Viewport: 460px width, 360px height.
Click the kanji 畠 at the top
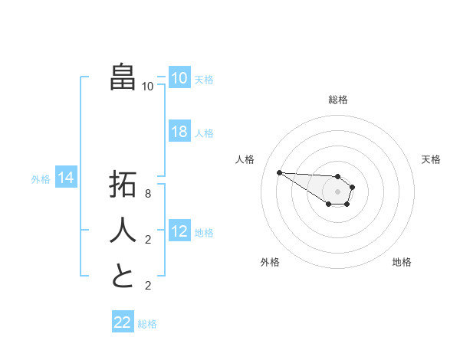(x=123, y=77)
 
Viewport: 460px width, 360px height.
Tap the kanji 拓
(x=123, y=185)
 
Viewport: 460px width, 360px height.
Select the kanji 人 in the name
(x=123, y=231)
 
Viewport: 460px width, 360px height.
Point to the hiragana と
(x=123, y=276)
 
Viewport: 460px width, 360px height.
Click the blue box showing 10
(x=179, y=78)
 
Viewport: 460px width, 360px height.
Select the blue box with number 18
(x=179, y=132)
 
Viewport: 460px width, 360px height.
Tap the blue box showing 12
(x=179, y=231)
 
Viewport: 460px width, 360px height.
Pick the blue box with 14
(x=66, y=178)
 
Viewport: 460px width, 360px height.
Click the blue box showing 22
(x=123, y=322)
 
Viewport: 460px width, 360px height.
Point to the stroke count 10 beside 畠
(x=147, y=87)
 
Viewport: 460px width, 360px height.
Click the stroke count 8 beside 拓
(x=147, y=195)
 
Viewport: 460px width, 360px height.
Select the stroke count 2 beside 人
(x=147, y=240)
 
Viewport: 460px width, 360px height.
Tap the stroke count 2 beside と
(x=147, y=286)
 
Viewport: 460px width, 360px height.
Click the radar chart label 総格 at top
(x=337, y=100)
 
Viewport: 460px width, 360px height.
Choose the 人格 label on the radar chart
(x=245, y=159)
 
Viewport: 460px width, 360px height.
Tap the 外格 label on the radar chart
(x=270, y=262)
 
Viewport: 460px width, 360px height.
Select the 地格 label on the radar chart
(x=402, y=262)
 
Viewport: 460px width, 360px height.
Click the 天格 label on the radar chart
(x=431, y=159)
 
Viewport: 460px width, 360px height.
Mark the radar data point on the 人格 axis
(x=279, y=172)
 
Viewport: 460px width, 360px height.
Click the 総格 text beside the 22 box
(x=147, y=324)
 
